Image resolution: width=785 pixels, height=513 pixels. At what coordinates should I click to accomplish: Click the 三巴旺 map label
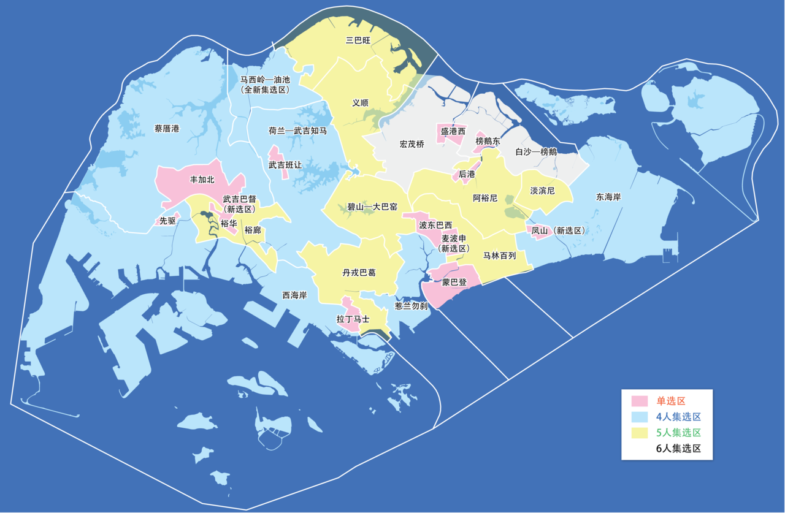[x=359, y=40]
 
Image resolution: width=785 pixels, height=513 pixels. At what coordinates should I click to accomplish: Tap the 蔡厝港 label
[x=167, y=129]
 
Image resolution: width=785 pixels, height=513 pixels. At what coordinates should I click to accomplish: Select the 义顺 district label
[x=361, y=103]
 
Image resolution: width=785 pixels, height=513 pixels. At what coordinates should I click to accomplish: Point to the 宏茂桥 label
[x=412, y=144]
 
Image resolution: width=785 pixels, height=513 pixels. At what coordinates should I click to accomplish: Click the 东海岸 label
[x=608, y=197]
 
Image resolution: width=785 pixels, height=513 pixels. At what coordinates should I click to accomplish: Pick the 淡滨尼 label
[x=542, y=191]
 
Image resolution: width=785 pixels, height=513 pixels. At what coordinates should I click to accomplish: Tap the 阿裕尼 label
[x=485, y=199]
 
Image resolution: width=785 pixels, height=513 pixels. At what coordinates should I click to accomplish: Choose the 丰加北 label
[x=202, y=180]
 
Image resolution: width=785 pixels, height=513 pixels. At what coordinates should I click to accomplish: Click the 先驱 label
[x=167, y=221]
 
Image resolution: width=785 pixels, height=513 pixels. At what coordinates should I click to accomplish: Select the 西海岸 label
[x=294, y=295]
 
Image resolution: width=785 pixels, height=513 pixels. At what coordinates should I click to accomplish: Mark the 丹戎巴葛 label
[x=359, y=273]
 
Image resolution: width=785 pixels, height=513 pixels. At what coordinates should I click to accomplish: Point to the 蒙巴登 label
[x=454, y=283]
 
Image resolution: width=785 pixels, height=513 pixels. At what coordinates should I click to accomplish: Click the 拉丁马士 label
[x=353, y=319]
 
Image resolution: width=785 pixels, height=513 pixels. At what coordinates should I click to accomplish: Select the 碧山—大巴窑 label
[x=373, y=207]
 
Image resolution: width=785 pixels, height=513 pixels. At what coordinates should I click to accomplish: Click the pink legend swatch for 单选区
[x=640, y=401]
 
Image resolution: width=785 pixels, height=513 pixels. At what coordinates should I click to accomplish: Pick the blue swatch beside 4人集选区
[x=640, y=417]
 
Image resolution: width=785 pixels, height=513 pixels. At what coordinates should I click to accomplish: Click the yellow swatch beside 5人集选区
[x=640, y=433]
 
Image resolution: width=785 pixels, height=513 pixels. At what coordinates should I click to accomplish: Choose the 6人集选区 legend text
[x=678, y=448]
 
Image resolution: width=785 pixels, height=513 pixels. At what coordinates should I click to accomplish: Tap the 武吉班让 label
[x=285, y=165]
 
